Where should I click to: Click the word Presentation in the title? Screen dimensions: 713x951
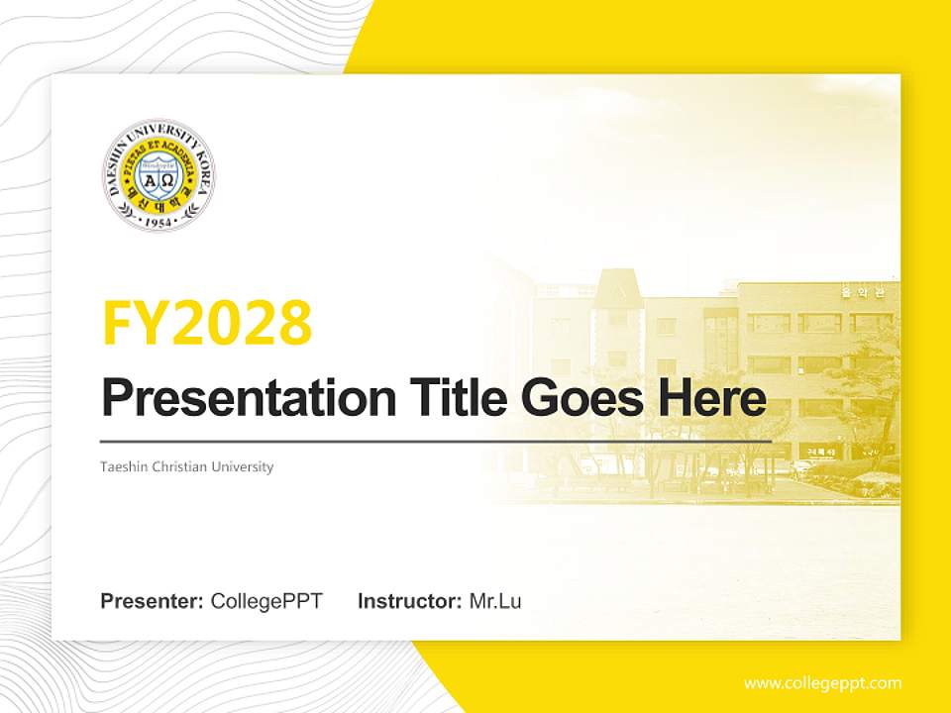(x=235, y=399)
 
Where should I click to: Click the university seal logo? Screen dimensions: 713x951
(x=158, y=175)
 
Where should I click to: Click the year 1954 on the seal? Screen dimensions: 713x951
(x=158, y=222)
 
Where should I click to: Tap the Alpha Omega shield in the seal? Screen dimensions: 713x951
(x=158, y=179)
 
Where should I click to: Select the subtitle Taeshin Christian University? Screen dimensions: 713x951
(x=186, y=466)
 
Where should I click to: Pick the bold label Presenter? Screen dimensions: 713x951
(x=153, y=600)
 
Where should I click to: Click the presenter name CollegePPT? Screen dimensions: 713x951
(x=266, y=600)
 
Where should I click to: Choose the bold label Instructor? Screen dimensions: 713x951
(x=409, y=600)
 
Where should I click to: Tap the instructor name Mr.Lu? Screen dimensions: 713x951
(x=495, y=600)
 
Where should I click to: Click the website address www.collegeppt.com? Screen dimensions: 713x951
(x=822, y=682)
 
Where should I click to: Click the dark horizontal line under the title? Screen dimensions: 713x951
(x=436, y=442)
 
